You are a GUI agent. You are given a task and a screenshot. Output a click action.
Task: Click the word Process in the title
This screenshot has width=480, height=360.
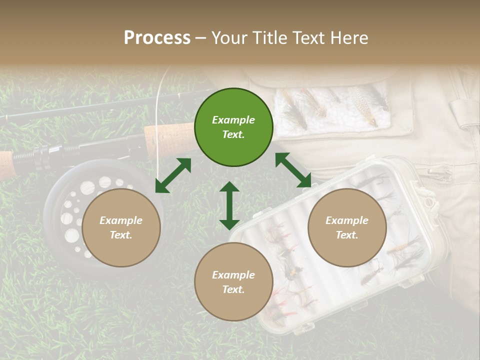coord(157,38)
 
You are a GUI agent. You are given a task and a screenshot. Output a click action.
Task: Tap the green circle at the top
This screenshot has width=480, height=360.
coord(233,127)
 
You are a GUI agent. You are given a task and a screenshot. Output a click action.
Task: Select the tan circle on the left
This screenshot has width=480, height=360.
coord(121,227)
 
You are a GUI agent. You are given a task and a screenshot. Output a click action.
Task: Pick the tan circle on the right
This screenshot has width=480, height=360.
coord(347,227)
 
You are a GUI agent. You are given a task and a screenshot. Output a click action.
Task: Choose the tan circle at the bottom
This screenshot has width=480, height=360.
coord(233,282)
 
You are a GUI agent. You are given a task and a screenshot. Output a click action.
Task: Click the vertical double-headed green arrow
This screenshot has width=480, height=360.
coord(229,205)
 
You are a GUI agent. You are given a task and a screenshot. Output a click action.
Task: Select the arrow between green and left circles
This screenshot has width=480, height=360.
coord(173,175)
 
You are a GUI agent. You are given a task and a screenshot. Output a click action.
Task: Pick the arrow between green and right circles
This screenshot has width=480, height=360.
coord(293,170)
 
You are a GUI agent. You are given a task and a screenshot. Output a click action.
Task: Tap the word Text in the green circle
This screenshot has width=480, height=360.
coord(233,134)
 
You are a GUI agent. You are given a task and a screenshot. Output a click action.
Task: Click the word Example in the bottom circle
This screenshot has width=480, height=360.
coord(233,275)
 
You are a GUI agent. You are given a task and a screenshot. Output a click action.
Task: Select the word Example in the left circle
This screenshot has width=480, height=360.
coord(121,220)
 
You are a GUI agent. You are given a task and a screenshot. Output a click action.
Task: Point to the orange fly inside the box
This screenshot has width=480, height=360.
coord(400,247)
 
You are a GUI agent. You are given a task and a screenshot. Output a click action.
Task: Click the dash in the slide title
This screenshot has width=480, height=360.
coord(201,38)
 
